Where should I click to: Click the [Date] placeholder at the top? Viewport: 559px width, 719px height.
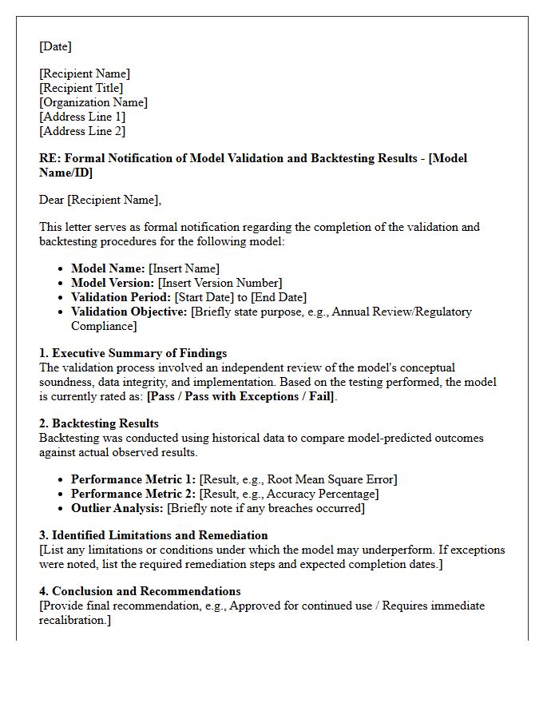55,46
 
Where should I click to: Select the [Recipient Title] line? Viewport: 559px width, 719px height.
81,88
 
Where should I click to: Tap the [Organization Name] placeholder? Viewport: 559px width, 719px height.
93,102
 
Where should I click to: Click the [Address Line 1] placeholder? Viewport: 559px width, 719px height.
82,117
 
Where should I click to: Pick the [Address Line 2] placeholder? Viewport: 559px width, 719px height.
82,131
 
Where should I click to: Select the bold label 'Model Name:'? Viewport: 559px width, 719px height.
108,268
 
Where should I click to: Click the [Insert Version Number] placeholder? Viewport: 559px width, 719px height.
220,283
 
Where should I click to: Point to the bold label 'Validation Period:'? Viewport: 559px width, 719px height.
121,297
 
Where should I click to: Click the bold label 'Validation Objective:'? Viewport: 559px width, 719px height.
129,312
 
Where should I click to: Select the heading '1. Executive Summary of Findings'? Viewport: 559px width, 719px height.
133,353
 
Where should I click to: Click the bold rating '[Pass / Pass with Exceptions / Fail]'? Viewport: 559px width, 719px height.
241,396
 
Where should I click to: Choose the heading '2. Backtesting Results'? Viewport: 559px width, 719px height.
99,423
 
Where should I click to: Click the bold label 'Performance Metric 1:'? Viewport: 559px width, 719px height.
133,479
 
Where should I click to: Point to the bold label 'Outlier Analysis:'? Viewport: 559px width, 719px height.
117,508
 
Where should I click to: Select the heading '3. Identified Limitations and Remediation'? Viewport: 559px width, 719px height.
153,535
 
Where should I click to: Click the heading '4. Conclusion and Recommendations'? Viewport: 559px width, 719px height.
140,591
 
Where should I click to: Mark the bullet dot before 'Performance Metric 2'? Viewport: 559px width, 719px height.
62,494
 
